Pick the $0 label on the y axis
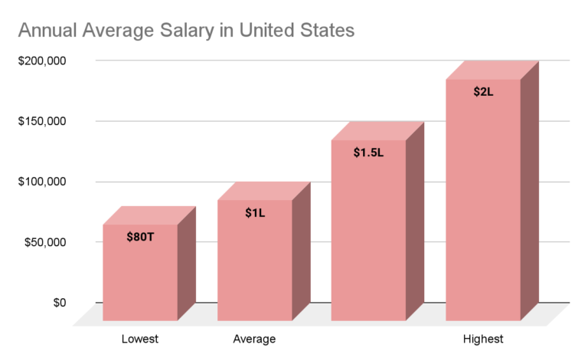tap(59, 303)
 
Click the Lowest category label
tap(140, 339)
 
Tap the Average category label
tap(254, 339)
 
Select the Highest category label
tap(483, 339)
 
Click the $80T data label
tap(140, 237)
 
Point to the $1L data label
tap(255, 212)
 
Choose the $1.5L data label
tap(368, 152)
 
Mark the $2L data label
tap(483, 92)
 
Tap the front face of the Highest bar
tap(483, 215)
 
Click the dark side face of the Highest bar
tap(530, 192)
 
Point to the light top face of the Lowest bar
tap(149, 215)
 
